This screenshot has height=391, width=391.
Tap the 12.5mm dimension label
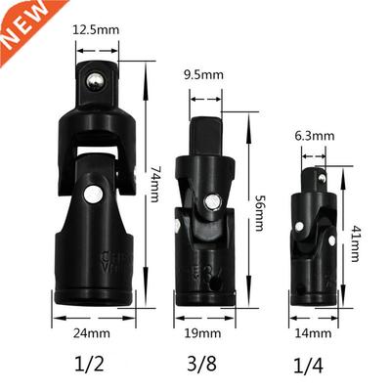point(96,30)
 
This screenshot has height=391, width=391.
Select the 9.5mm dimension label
point(205,72)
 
